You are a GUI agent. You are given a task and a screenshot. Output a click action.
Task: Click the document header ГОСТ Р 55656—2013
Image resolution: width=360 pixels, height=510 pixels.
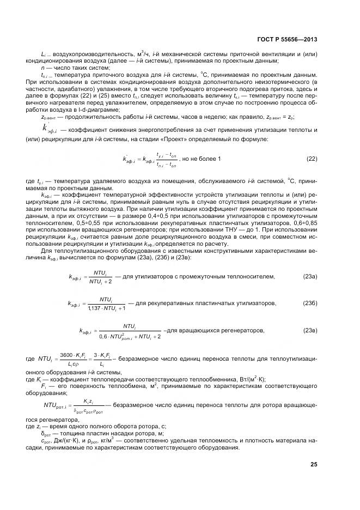coord(288,39)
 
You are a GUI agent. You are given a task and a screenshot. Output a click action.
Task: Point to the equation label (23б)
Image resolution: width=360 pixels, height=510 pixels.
coord(310,303)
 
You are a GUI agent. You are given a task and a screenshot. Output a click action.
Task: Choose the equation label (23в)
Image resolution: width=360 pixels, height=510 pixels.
coord(310,330)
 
